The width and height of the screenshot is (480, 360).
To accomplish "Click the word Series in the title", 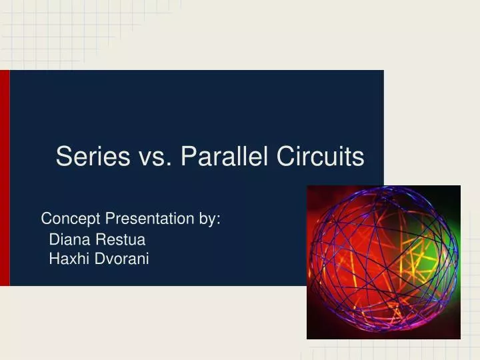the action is (x=93, y=156).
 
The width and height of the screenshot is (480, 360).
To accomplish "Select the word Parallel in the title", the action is (x=225, y=156).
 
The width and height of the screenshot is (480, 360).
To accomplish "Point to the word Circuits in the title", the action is (x=321, y=156).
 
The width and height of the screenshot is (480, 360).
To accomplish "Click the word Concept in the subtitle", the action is (x=71, y=219).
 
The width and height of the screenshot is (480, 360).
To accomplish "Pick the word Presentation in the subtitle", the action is (x=150, y=219).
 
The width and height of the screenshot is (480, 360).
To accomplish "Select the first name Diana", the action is (x=70, y=239).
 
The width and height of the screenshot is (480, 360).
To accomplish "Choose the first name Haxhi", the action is (x=69, y=259).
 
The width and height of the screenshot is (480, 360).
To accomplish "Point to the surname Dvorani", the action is (x=122, y=259).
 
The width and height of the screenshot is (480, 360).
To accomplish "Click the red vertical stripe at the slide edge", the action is (x=5, y=178).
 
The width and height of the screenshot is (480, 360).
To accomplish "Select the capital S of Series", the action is (x=64, y=156).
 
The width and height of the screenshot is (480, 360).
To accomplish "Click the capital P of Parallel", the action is (x=189, y=156).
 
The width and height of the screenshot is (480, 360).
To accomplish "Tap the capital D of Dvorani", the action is (x=101, y=259).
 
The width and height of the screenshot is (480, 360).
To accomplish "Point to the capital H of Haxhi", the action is (x=55, y=259).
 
